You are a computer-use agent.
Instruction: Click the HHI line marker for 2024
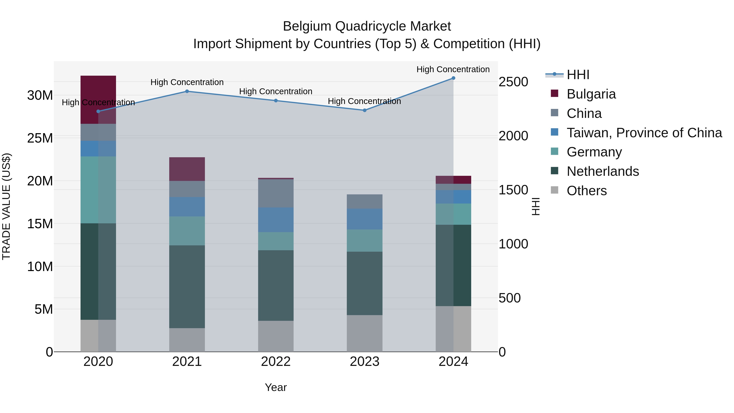pyautogui.click(x=453, y=78)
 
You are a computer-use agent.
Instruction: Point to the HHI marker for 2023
pyautogui.click(x=364, y=110)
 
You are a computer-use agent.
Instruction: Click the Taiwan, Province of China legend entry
pyautogui.click(x=644, y=133)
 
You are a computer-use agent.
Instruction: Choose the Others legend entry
pyautogui.click(x=586, y=191)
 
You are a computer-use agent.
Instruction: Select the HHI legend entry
pyautogui.click(x=578, y=75)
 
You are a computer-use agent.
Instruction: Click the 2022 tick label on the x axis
pyautogui.click(x=275, y=362)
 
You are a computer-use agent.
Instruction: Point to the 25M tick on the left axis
pyautogui.click(x=40, y=138)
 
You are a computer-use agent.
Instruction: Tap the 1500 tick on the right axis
pyautogui.click(x=513, y=190)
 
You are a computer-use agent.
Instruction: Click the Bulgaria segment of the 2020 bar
pyautogui.click(x=98, y=100)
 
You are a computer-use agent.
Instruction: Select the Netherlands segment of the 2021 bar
pyautogui.click(x=187, y=287)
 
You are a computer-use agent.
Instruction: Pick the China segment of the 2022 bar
pyautogui.click(x=275, y=193)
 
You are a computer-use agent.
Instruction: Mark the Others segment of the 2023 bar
pyautogui.click(x=364, y=333)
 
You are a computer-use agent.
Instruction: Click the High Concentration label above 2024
pyautogui.click(x=453, y=69)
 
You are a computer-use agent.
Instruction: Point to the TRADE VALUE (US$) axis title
pyautogui.click(x=6, y=206)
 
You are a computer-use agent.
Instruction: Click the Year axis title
pyautogui.click(x=275, y=387)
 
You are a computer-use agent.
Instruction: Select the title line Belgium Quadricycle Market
pyautogui.click(x=367, y=26)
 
